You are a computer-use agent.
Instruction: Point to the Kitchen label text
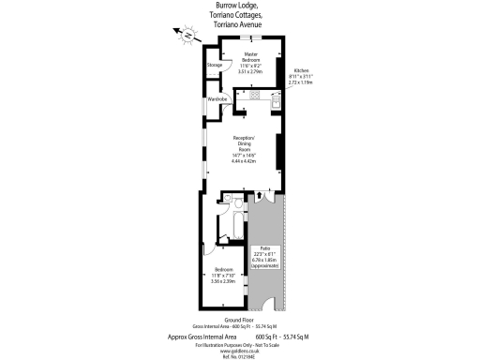pyautogui.click(x=301, y=71)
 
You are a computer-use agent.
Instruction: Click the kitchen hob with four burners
pyautogui.click(x=255, y=95)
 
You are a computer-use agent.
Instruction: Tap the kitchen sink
pyautogui.click(x=275, y=97)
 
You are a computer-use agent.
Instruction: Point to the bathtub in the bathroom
pyautogui.click(x=224, y=224)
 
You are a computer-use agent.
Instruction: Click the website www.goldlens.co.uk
pyautogui.click(x=239, y=348)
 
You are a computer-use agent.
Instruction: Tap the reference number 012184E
pyautogui.click(x=239, y=353)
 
